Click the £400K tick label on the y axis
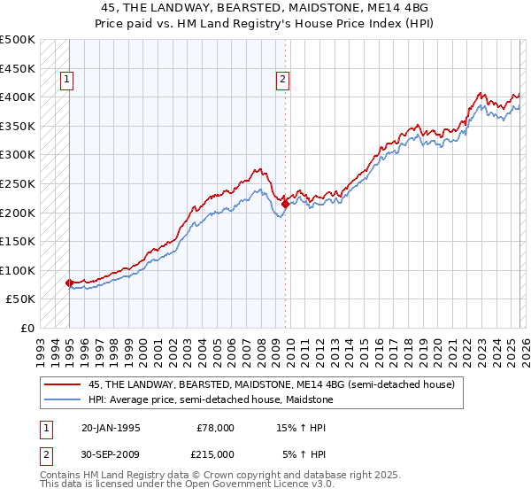(18, 97)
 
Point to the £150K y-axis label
(18, 241)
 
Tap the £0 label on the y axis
(27, 328)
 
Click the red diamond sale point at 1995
(69, 283)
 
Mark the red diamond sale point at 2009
(285, 204)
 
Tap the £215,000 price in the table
(215, 453)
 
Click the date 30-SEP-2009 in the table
(111, 453)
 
